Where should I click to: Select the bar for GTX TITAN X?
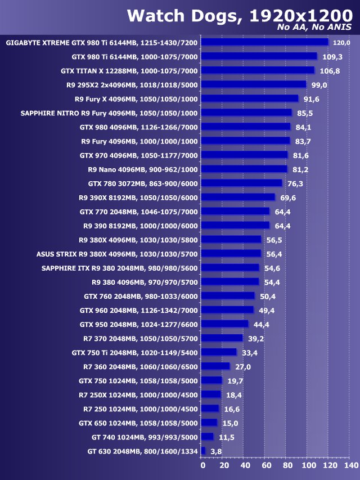tap(258, 70)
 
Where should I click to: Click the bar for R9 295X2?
tap(254, 84)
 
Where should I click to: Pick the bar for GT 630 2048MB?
tap(203, 451)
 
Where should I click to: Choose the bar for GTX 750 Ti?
tap(219, 352)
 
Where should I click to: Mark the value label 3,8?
tap(216, 451)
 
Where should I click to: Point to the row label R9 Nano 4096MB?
tap(143, 169)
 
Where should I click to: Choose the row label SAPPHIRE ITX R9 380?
tap(120, 267)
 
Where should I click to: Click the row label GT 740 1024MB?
tap(145, 437)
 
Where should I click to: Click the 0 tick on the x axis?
tap(202, 465)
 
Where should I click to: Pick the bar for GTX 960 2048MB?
tap(227, 310)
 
